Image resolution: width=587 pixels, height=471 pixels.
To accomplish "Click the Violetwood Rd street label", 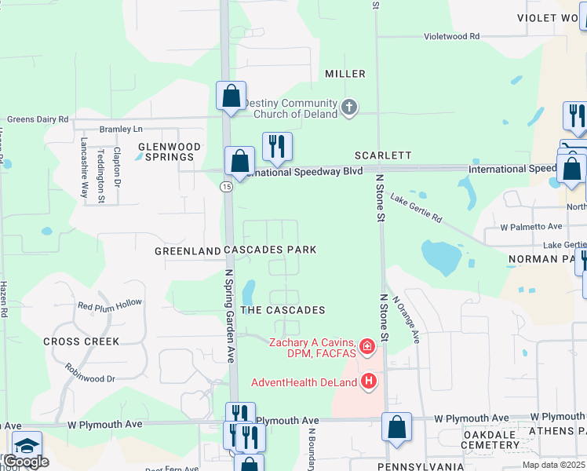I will pos(451,37).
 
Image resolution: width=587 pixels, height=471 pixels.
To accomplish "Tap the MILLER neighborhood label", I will pos(345,74).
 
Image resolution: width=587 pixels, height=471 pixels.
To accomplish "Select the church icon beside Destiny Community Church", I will pos(350,106).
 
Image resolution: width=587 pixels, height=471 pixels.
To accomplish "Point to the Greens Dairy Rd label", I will pos(38,119).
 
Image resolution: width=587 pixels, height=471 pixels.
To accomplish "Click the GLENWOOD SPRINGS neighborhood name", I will pos(169,152).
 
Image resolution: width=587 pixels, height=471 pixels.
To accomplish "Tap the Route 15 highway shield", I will pos(226,186).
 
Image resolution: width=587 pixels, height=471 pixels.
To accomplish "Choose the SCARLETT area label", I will pos(382,155).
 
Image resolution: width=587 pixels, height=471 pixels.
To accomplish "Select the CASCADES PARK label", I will pos(270,250).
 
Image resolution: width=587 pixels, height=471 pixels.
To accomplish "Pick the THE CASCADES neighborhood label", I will pos(283,310).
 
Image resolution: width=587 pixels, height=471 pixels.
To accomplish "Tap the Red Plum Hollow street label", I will pos(110,304).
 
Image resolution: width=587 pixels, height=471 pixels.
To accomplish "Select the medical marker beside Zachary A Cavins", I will pos(366,346).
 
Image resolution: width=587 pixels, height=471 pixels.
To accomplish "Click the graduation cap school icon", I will pos(27,445).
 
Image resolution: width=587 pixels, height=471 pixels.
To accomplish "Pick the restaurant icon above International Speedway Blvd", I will pos(276,146).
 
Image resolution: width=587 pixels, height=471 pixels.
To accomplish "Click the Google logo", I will pos(25,462).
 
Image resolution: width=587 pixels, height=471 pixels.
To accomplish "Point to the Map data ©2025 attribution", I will pos(552,465).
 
